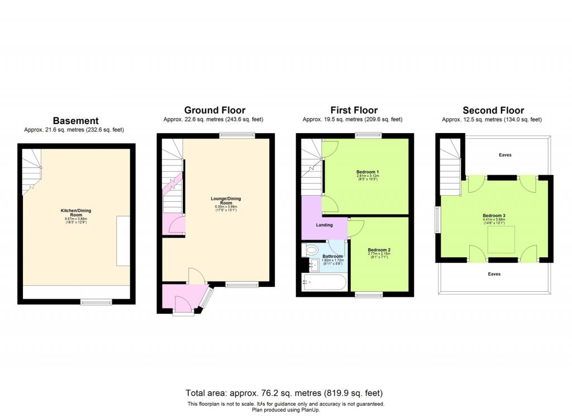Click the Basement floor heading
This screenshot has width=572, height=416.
tap(75, 120)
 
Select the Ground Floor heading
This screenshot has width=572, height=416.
tap(214, 110)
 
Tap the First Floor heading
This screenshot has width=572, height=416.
tap(354, 110)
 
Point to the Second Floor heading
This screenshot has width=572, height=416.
tap(493, 110)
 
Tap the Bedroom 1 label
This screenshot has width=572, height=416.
tap(367, 172)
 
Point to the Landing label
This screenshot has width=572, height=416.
tap(324, 225)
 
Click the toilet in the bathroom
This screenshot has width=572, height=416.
tap(311, 249)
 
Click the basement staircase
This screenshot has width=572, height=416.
tap(32, 170)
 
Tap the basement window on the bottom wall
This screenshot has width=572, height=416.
tap(96, 302)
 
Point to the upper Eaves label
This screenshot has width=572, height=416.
tap(506, 155)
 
